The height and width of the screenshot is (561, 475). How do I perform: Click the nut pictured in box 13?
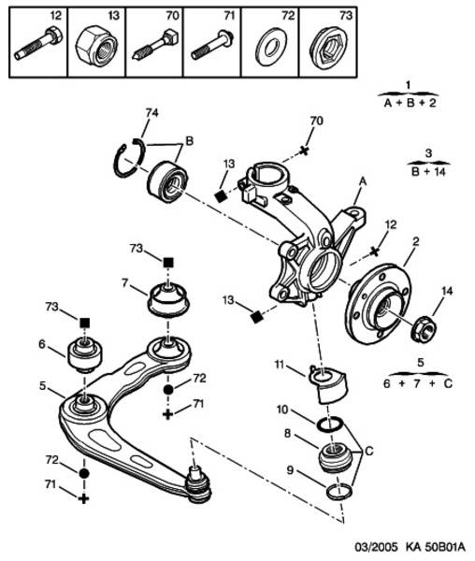coord(96,47)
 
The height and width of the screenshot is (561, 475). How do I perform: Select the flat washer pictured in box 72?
coord(271,47)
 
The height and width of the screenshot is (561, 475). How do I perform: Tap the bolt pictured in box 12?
coord(38,43)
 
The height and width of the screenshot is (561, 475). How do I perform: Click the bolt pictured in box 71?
coord(212,46)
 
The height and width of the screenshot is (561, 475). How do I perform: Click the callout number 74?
coord(151,113)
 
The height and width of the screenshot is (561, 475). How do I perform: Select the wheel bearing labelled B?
coord(166,181)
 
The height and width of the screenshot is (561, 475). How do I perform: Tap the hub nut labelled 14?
coord(424,328)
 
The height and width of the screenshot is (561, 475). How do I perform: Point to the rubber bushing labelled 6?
coord(85,354)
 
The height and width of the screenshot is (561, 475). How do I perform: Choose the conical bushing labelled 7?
coord(168,299)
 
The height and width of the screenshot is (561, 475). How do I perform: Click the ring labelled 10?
coord(329,424)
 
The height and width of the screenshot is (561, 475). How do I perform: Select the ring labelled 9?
coord(339,491)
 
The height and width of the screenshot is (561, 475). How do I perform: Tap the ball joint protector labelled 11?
coord(328,385)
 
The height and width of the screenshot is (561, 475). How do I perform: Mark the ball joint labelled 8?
coord(335,458)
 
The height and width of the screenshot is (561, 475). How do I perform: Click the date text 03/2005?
coord(376,547)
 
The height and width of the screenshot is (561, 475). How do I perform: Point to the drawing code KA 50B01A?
coord(436,547)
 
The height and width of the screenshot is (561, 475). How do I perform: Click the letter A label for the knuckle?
coord(363,181)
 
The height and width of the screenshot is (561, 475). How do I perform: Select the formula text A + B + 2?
coord(410,104)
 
